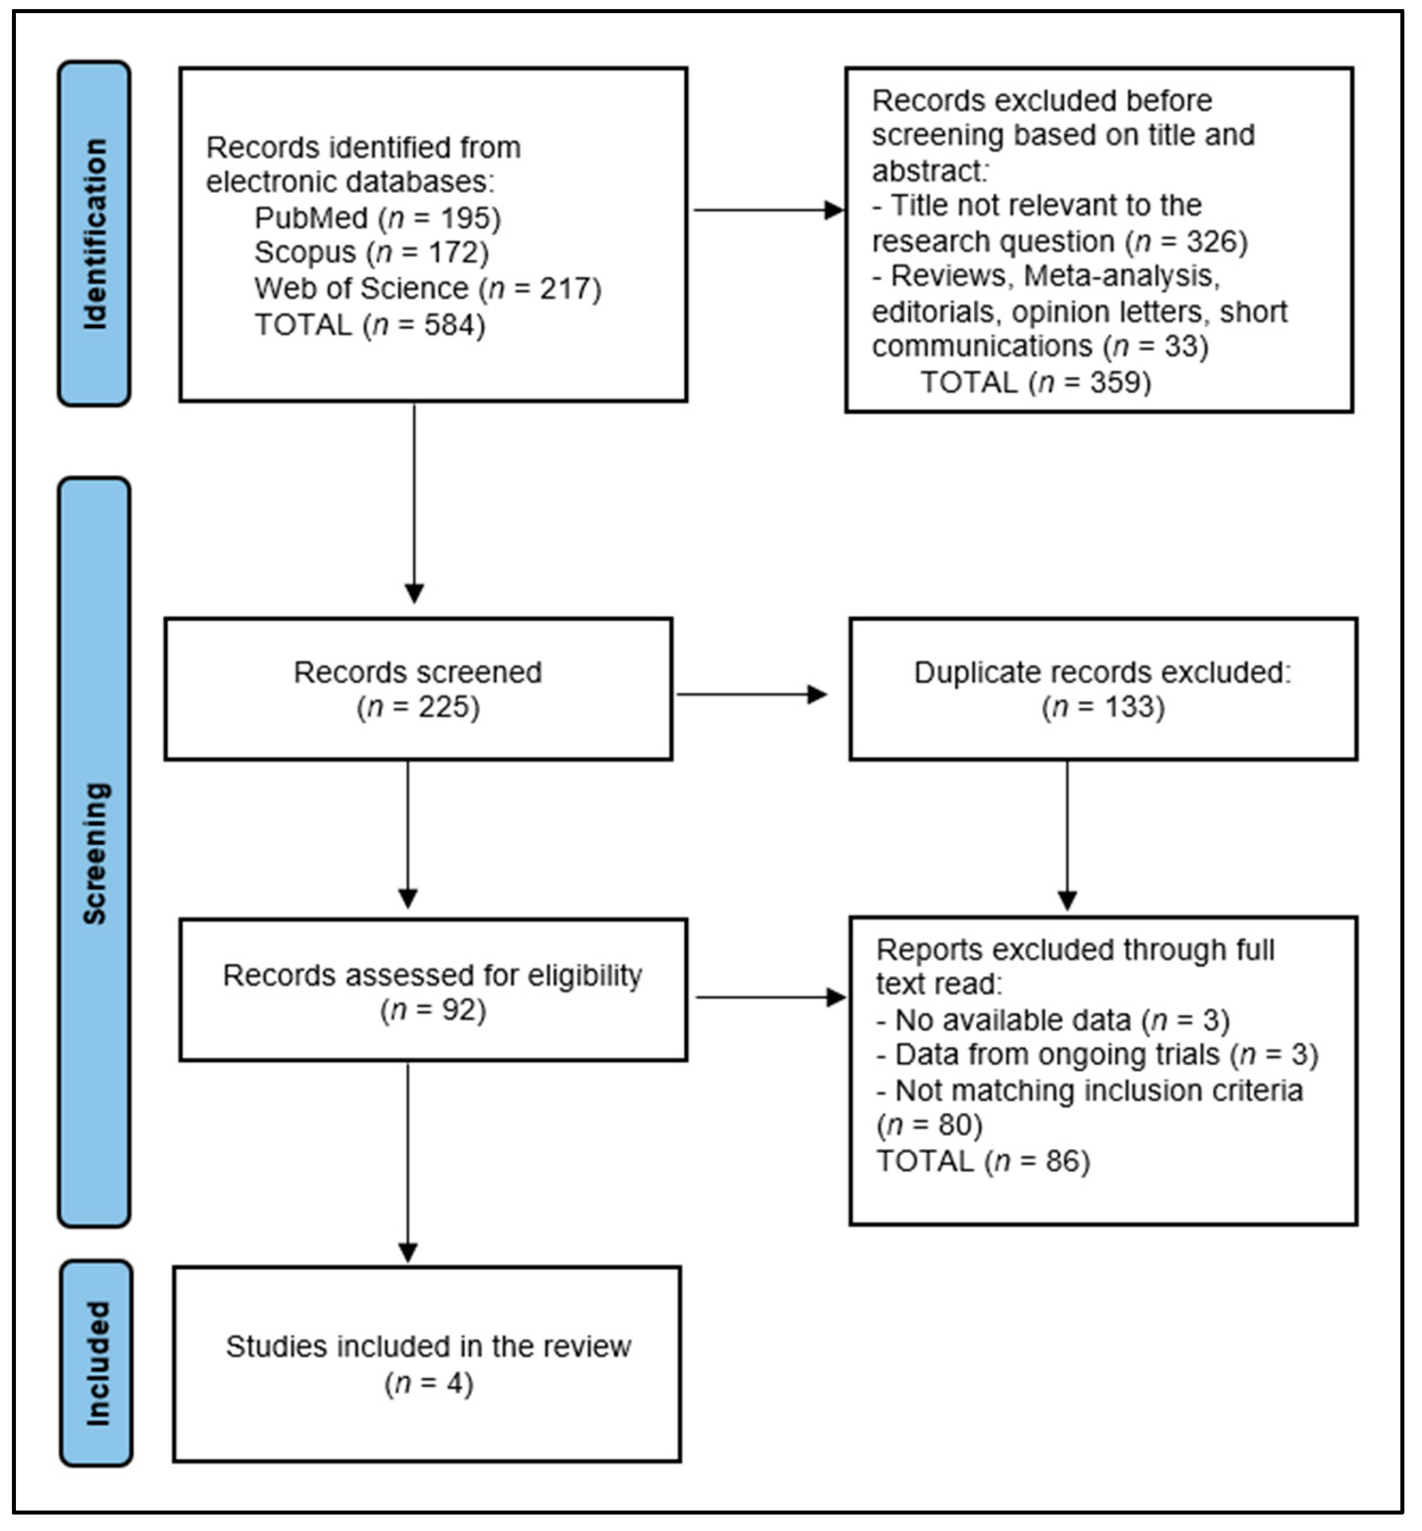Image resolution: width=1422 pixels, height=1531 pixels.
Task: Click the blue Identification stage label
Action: pos(94,234)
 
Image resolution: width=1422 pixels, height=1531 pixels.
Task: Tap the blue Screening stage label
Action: pos(94,852)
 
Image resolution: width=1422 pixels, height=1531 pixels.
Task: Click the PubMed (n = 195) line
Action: pos(377,218)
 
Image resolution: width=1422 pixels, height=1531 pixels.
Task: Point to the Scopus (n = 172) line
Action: pos(371,253)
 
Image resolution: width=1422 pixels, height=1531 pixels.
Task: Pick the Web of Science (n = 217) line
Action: pos(427,288)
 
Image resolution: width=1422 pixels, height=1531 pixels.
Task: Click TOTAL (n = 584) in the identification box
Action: pos(369,325)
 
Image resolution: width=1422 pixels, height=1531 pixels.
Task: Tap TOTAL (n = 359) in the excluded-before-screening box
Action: pos(1035,382)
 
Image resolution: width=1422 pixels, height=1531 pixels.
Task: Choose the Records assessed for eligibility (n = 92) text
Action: pos(432,992)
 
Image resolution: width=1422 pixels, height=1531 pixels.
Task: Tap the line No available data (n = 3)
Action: pos(1052,1020)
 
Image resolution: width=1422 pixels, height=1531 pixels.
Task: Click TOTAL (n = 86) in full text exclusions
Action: pos(983,1161)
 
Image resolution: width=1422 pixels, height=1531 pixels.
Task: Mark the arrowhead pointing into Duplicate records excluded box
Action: pos(817,695)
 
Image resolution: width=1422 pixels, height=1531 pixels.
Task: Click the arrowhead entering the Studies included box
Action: pos(408,1252)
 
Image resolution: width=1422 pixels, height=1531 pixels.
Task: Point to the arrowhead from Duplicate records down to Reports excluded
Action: pos(1066,900)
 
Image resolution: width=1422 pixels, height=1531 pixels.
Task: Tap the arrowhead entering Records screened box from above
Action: pos(414,593)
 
